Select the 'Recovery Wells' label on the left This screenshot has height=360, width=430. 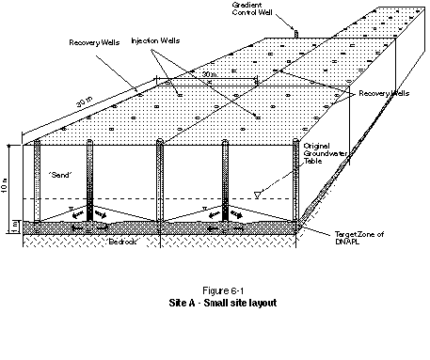pyautogui.click(x=95, y=43)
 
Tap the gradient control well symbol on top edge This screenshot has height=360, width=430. pyautogui.click(x=294, y=34)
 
